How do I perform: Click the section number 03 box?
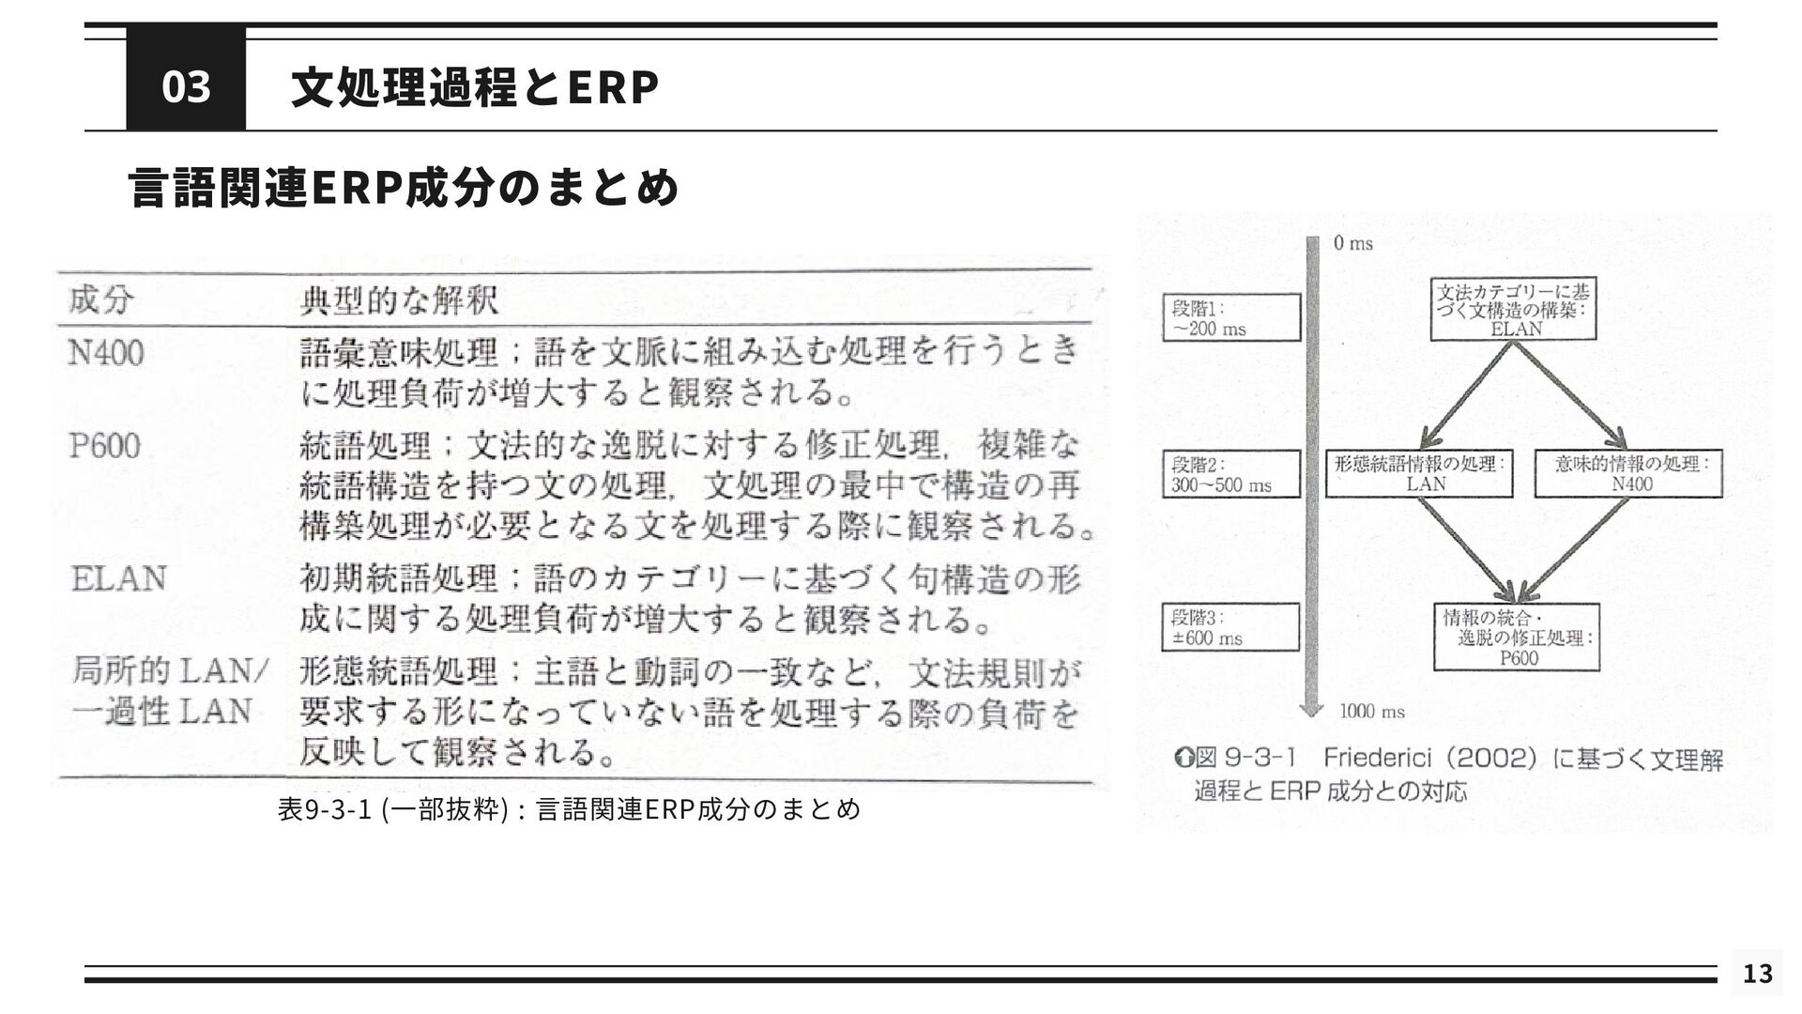click(186, 86)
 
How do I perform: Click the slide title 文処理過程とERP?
click(475, 88)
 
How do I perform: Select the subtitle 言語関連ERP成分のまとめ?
click(404, 187)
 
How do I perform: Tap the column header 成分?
click(101, 301)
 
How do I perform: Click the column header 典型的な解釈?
click(399, 301)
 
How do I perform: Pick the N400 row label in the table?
click(107, 354)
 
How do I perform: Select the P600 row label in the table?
click(105, 445)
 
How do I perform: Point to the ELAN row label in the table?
click(119, 578)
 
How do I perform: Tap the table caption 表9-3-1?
click(569, 808)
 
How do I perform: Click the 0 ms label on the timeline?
click(1352, 244)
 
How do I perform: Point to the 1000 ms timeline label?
click(1371, 712)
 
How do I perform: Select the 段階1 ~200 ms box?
click(1231, 317)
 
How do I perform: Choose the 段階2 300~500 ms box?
click(1231, 474)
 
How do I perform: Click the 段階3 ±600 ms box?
click(1231, 627)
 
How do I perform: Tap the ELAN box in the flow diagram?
click(1513, 309)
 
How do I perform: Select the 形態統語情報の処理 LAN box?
click(1419, 474)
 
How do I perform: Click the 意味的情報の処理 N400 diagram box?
click(1628, 474)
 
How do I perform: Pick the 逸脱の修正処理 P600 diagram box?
click(1517, 638)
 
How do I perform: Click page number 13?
click(1757, 974)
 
